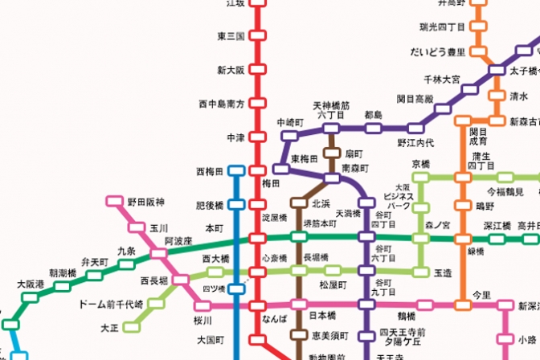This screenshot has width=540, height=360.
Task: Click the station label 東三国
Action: [x=230, y=36]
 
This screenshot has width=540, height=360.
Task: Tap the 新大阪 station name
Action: [x=230, y=70]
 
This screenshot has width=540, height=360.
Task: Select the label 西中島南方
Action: [x=220, y=104]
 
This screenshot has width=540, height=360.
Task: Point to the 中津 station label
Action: [x=235, y=137]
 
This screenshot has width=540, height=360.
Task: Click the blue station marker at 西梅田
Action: [x=235, y=171]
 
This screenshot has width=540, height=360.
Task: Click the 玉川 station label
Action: [x=158, y=228]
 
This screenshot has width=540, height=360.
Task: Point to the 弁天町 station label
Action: [x=95, y=262]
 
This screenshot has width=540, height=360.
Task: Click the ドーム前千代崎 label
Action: [x=111, y=305]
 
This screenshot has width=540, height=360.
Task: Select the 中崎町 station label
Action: [x=289, y=122]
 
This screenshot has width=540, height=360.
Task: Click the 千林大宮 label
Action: [x=442, y=80]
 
